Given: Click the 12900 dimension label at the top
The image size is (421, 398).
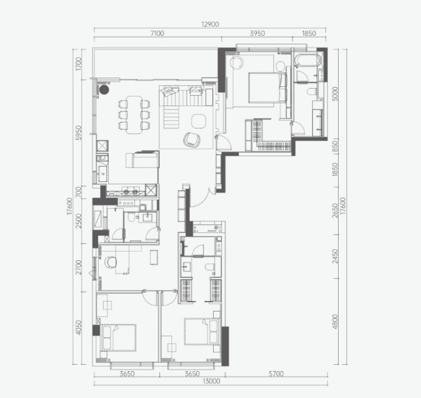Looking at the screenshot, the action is coord(210,25).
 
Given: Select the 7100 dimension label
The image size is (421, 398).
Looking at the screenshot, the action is coord(157,33).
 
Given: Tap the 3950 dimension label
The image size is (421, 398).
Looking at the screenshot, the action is coord(258,33).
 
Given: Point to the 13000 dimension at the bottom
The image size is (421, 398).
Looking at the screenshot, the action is coord(211,381).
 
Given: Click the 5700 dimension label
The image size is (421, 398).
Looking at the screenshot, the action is coord(276,373).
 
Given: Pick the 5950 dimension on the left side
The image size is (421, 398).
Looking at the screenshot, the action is coord(78,132).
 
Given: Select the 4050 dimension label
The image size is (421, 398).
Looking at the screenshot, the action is coord(78,327).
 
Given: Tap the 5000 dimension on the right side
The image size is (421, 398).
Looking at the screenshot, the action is coord(335,93).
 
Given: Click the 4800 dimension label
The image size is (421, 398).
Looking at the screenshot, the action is coord(335,322).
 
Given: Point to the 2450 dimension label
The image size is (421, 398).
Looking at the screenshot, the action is coord(335,256).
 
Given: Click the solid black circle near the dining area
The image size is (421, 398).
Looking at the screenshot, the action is coord(104,90).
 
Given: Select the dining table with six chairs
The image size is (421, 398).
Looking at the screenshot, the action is coord(134,114).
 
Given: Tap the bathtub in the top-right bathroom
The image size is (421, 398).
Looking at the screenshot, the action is coord(308,61).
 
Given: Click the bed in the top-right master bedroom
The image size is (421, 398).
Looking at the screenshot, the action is coord(267,88).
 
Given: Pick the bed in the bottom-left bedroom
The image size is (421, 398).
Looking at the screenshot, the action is coord(119,338).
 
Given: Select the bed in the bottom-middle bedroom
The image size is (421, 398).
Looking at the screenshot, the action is coord(201,331).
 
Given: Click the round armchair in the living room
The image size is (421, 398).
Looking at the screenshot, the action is coord(192,139).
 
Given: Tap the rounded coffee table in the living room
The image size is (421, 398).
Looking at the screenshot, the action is coord(199,121).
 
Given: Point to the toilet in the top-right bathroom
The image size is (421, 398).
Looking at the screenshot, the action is coord(311,92).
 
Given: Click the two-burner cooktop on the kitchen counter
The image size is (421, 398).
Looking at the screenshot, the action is coord(130,192).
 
